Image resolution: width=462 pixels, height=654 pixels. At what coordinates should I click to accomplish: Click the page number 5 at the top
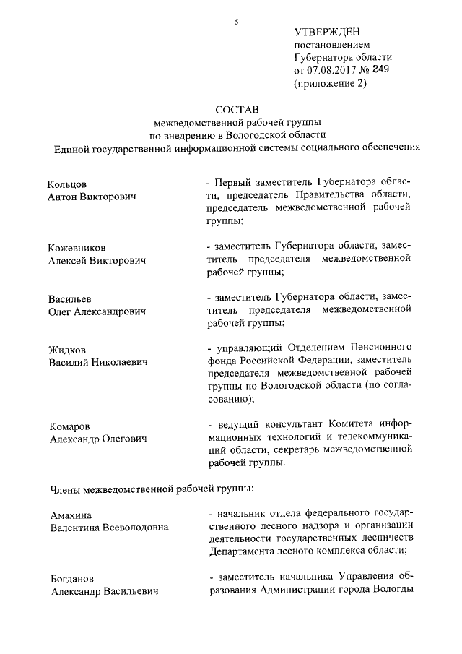pos(236,22)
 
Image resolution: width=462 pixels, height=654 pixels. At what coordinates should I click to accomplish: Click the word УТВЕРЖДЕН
pos(327,31)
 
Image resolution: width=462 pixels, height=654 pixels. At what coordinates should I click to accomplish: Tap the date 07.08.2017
pos(333,71)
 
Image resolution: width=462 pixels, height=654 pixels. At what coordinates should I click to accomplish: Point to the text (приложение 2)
pos(331,84)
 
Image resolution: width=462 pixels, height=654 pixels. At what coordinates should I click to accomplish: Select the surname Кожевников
pos(79,247)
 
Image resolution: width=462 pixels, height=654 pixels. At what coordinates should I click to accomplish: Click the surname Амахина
pos(71,515)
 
